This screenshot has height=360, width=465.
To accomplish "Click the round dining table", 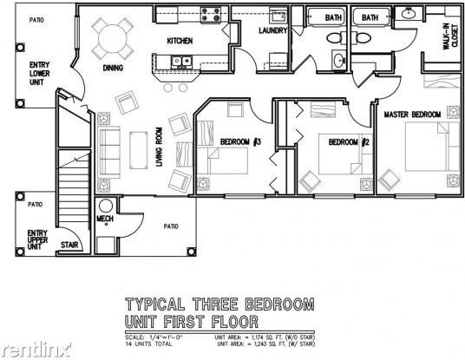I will pos(110,36).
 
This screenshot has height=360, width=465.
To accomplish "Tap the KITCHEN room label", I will pos(180,41).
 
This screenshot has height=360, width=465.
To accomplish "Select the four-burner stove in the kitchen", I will pos(212,14).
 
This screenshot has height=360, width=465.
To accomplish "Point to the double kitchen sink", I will pos(182,61).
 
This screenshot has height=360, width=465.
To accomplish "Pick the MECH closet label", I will pos(105,219).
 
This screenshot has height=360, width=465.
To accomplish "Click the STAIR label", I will pos(69,245).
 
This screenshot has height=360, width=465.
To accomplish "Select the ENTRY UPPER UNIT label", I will pos(37,239).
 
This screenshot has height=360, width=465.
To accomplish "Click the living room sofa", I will pos(108,151).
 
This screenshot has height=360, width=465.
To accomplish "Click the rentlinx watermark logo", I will pos(30,349).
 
